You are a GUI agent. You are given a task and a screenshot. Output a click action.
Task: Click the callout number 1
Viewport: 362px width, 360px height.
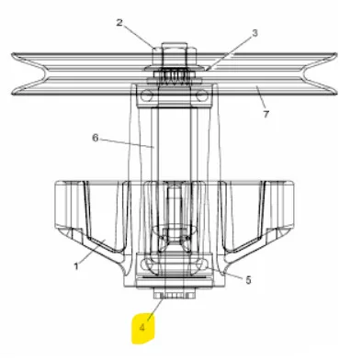(76, 266)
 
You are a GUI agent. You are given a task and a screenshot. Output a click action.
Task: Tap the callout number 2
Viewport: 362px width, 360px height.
(119, 22)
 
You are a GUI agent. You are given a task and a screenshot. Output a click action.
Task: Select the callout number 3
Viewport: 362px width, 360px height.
(255, 33)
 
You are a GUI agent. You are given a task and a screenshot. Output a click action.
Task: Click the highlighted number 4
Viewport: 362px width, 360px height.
(142, 328)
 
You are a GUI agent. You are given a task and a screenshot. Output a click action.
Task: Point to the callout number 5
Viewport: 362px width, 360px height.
(248, 279)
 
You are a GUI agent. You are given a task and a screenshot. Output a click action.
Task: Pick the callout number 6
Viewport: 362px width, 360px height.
(96, 138)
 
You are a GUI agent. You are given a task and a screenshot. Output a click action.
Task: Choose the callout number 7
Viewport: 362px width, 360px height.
(266, 114)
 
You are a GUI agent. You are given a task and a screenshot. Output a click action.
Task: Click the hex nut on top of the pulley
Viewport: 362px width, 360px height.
(175, 52)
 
